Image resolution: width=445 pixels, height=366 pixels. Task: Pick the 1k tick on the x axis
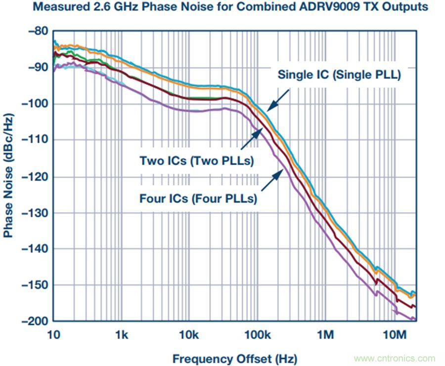point(121,335)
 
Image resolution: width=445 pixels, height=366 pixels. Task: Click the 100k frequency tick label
point(257,335)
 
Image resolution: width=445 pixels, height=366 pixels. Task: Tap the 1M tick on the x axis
point(325,335)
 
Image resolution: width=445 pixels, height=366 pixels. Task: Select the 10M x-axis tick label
point(394,335)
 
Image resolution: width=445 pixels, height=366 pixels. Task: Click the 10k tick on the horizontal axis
point(189,335)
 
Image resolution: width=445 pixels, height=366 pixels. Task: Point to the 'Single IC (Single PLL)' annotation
point(339,76)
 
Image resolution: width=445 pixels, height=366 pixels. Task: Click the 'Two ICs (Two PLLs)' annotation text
point(197,161)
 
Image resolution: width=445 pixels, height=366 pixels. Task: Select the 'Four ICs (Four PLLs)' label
point(198,199)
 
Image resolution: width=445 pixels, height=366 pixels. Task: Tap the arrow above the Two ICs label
point(250,139)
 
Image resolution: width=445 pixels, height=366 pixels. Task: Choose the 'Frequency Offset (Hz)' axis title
point(235,359)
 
